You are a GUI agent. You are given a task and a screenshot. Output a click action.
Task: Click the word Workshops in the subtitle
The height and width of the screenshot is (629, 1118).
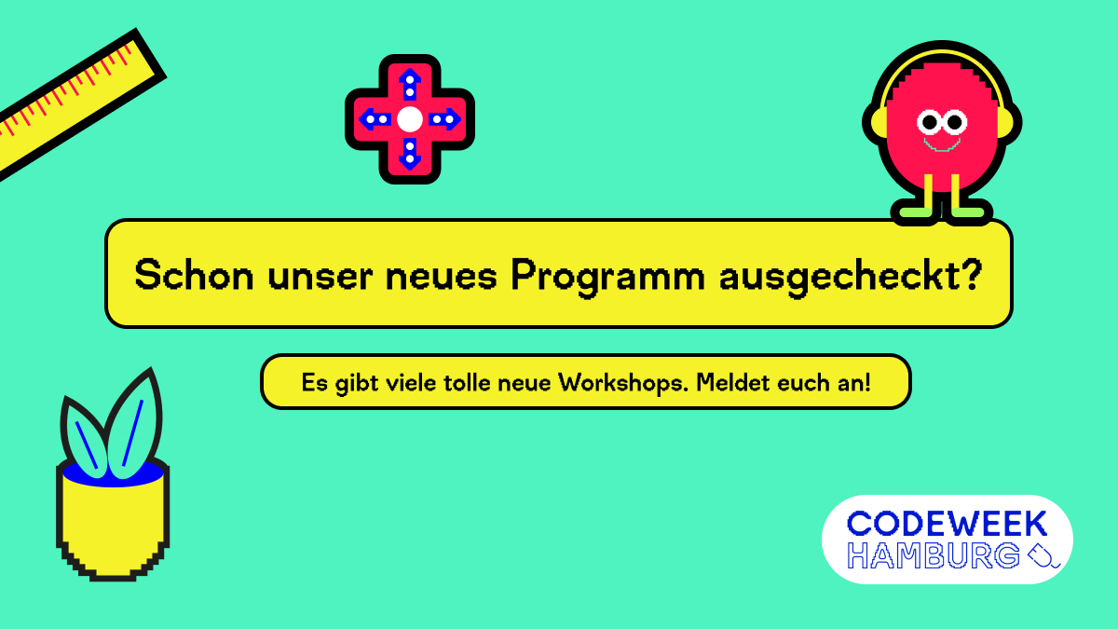click(613, 382)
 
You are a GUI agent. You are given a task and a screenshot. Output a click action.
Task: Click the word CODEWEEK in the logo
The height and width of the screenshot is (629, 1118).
click(948, 524)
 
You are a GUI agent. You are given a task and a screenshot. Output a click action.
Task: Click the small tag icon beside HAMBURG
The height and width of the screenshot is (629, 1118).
click(1043, 556)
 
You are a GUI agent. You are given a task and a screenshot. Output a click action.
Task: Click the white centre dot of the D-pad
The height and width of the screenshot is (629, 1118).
click(410, 119)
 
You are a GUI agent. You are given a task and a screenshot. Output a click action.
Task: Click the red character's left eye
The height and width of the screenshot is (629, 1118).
click(929, 121)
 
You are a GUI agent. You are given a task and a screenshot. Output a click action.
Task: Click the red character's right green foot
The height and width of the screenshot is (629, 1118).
click(969, 213)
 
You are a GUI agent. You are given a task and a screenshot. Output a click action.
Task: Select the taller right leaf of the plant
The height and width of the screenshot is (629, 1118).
click(136, 424)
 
